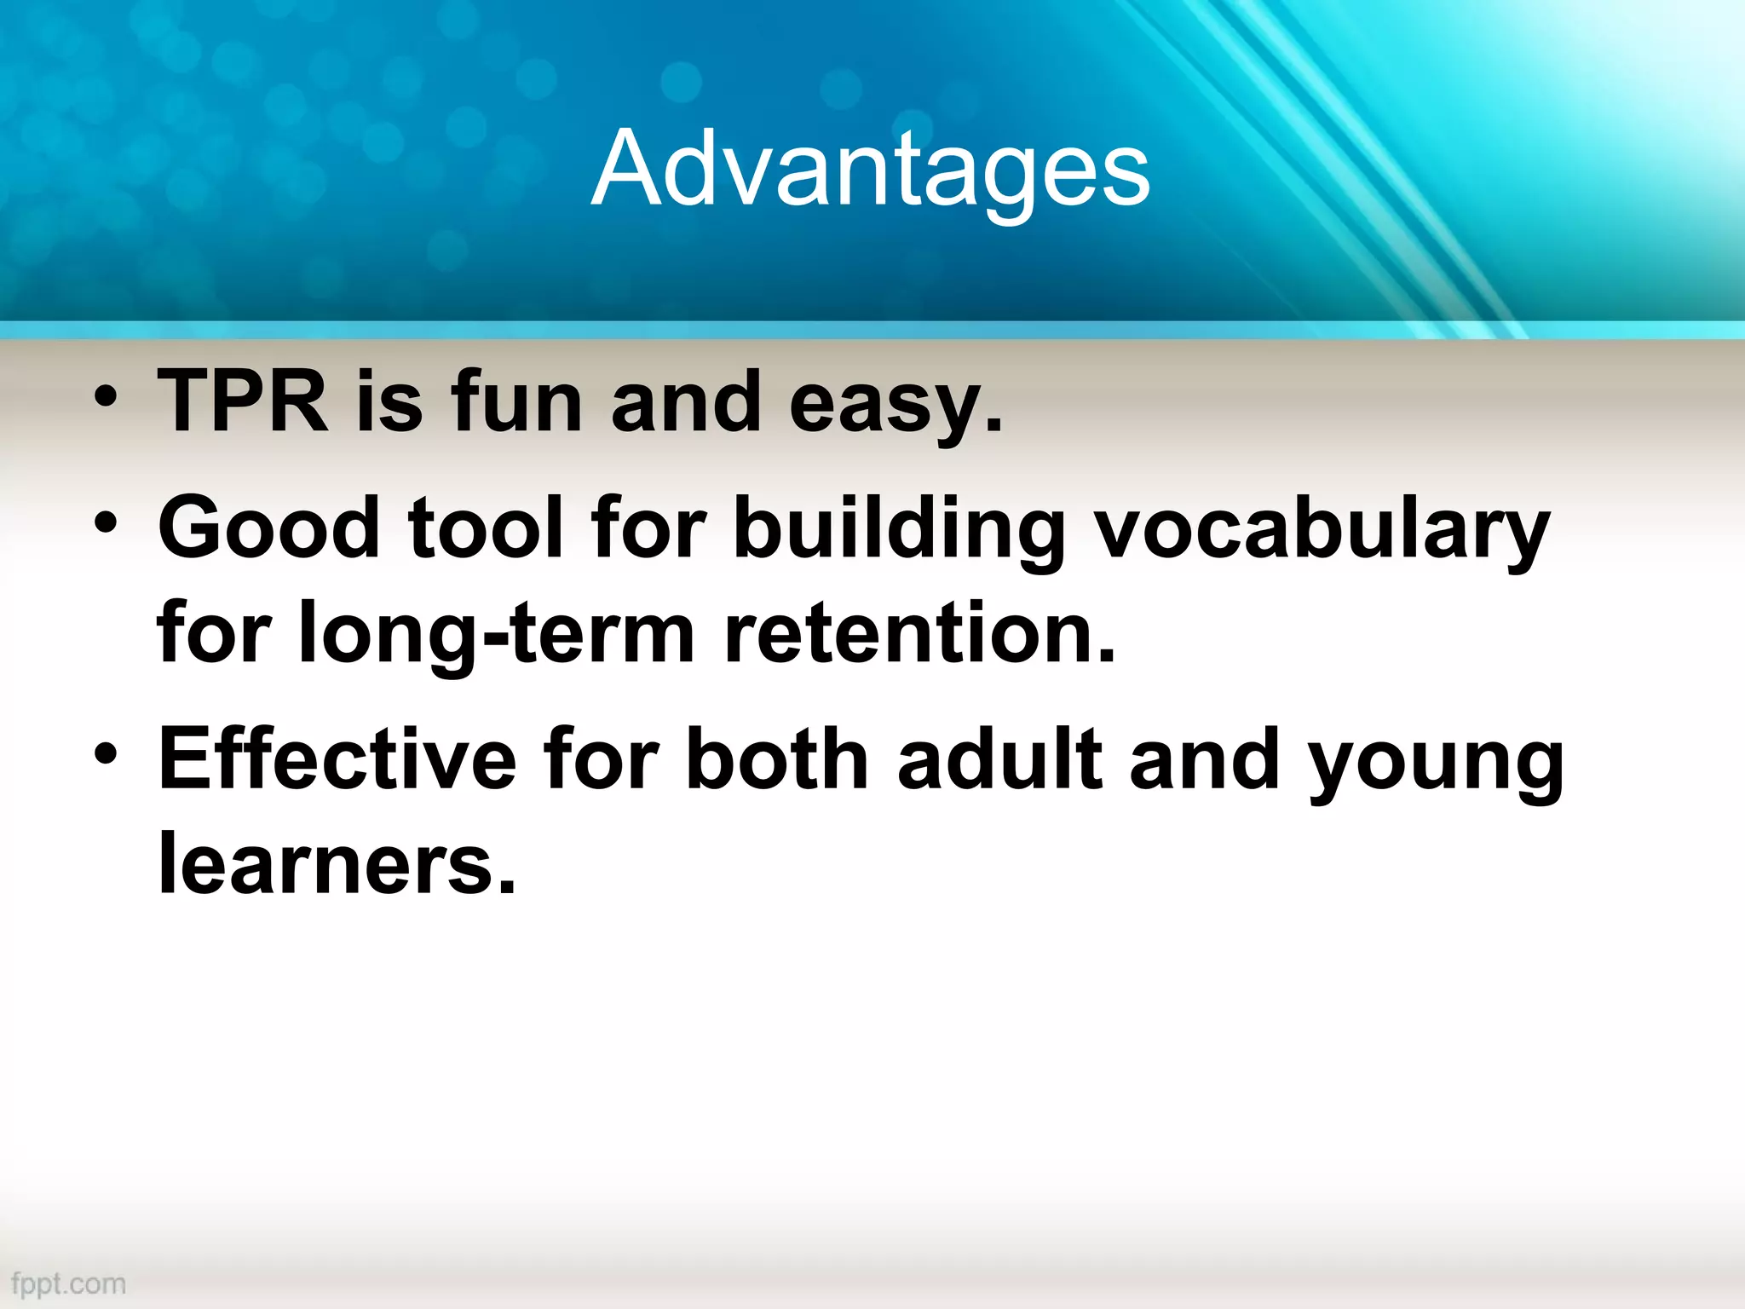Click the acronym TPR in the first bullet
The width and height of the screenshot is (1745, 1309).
click(x=244, y=401)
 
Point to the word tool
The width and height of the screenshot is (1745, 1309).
click(x=487, y=528)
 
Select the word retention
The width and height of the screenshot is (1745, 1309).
click(x=919, y=633)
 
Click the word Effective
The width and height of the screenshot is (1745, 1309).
click(x=337, y=758)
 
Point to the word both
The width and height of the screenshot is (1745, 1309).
click(x=776, y=758)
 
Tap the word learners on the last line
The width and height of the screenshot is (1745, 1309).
click(x=337, y=863)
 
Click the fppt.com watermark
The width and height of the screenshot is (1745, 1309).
click(x=69, y=1283)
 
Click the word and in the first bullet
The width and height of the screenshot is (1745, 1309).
click(x=686, y=401)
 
